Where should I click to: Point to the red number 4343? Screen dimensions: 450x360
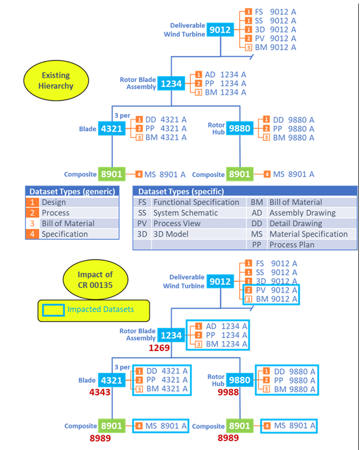click(103, 392)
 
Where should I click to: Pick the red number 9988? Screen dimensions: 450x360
click(228, 392)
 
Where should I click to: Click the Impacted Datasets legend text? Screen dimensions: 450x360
click(100, 309)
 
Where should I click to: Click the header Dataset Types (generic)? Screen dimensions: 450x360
click(67, 191)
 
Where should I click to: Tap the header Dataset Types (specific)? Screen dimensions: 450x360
click(181, 191)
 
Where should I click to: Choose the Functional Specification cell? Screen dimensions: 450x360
click(196, 202)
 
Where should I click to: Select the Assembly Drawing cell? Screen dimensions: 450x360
click(300, 213)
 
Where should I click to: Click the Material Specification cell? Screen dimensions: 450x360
click(308, 234)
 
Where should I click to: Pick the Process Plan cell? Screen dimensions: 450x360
click(291, 245)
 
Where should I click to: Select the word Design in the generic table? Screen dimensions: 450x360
click(54, 202)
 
